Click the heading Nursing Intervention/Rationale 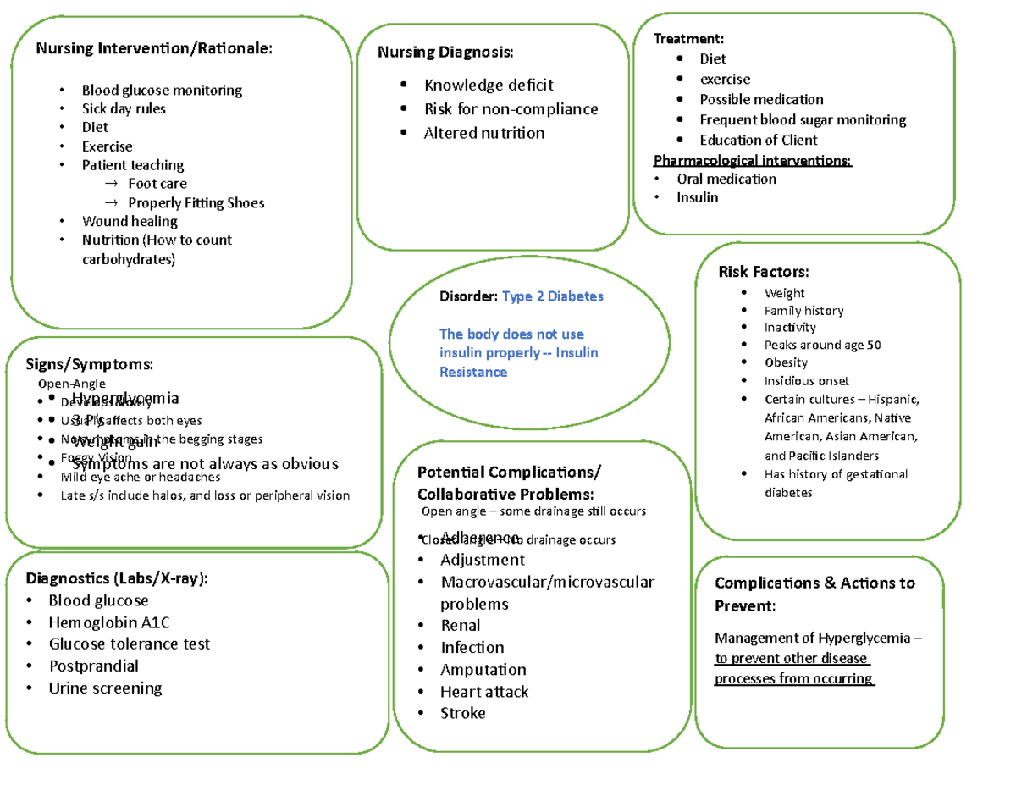[153, 48]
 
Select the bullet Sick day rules [124, 108]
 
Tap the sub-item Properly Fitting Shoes [196, 202]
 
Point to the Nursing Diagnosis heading [444, 53]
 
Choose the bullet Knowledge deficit [489, 85]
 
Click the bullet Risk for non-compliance [511, 109]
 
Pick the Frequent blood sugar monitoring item [802, 120]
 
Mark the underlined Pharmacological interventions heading [753, 161]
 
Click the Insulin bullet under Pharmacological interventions [697, 197]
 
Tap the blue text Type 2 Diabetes [553, 297]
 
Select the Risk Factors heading [763, 272]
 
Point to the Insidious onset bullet [806, 381]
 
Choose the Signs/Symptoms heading [91, 364]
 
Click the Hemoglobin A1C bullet [108, 622]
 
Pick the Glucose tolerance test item [129, 644]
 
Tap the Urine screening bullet [104, 688]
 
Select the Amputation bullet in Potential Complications [483, 670]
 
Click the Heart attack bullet [483, 692]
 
